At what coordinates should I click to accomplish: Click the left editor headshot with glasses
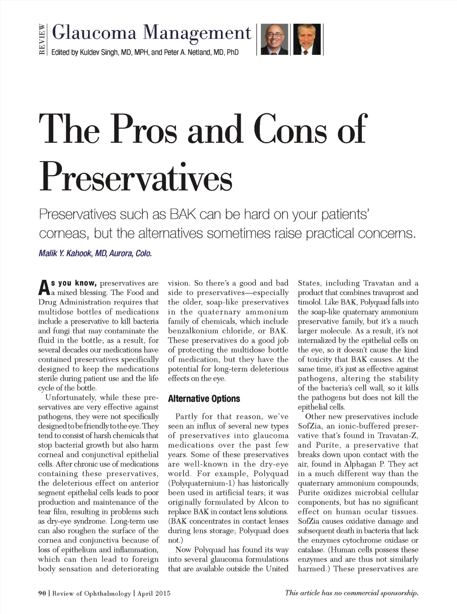point(274,39)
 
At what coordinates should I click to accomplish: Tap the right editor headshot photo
point(307,39)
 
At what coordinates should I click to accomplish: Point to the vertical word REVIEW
point(42,39)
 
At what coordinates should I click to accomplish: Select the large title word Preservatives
point(136,177)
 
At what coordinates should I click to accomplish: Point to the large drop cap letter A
point(43,288)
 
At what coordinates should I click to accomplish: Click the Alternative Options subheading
point(204,398)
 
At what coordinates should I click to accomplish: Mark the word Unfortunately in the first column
point(71,398)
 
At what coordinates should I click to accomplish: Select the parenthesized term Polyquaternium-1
point(202,483)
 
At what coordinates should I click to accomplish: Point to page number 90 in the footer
point(42,593)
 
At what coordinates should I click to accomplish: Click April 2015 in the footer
point(154,593)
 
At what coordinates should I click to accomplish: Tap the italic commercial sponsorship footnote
point(352,593)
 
